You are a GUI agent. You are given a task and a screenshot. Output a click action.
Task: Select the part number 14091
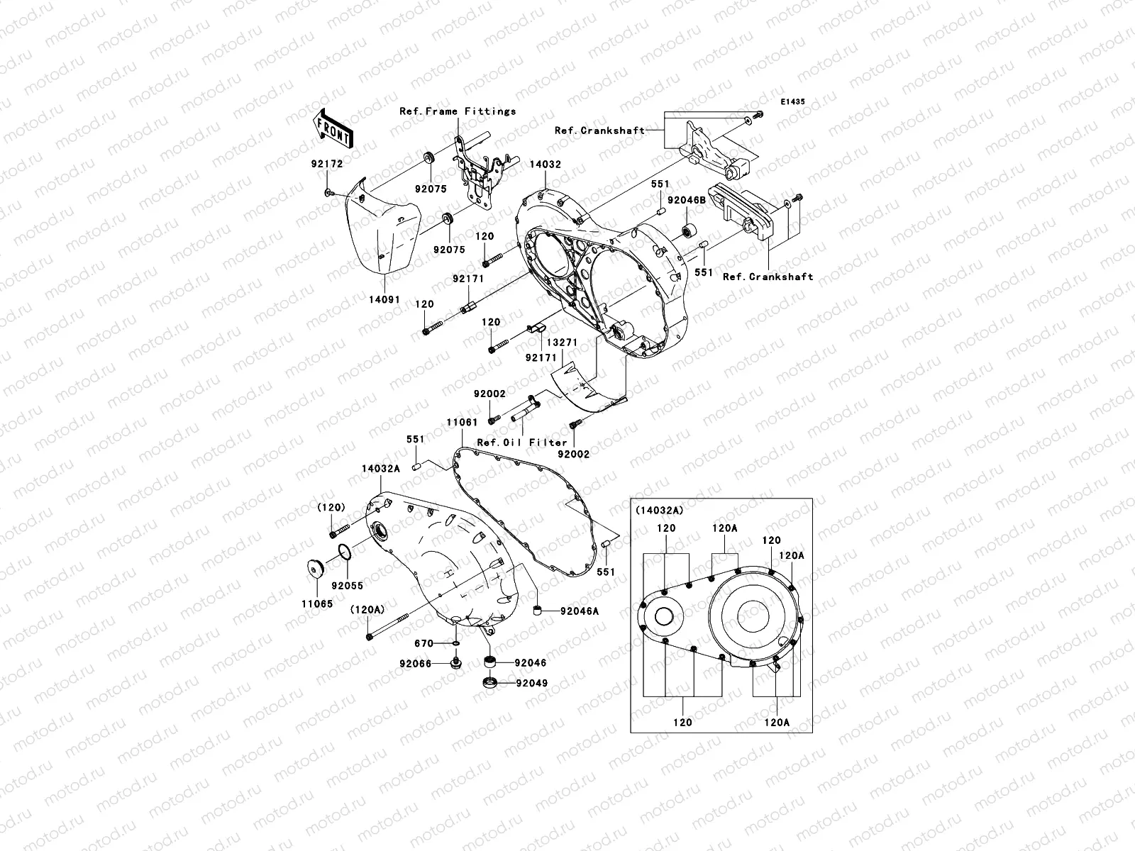tap(384, 300)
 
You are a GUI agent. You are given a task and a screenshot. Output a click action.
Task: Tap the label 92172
tap(326, 163)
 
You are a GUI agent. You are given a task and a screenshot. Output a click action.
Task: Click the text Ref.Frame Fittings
tap(458, 111)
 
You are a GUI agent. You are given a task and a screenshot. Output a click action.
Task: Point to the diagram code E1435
tap(792, 102)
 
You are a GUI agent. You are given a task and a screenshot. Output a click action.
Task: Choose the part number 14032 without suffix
tap(545, 163)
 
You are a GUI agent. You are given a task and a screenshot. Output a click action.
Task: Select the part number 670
tap(424, 643)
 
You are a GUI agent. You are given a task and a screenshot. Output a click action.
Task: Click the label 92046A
tap(580, 610)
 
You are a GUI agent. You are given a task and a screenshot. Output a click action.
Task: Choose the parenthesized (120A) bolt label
tap(367, 609)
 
